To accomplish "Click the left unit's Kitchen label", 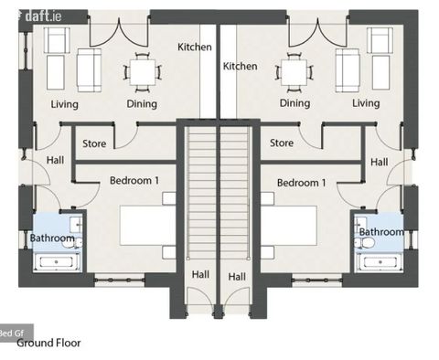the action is click(x=195, y=47).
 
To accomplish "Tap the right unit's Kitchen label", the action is click(x=240, y=66).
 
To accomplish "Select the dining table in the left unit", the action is click(x=143, y=72).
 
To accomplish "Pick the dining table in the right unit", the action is click(x=294, y=72).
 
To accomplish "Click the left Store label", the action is click(x=94, y=143).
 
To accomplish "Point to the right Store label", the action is click(x=282, y=143).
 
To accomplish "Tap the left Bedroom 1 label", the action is click(x=134, y=180).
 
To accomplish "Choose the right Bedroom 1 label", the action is click(x=302, y=183).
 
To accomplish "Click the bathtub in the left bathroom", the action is click(x=57, y=262).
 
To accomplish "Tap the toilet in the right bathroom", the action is click(x=365, y=243).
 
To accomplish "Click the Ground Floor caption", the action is click(x=48, y=343).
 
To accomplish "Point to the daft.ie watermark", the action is click(x=43, y=16).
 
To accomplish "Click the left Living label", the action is click(x=64, y=104).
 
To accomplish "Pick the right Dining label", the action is click(x=294, y=103).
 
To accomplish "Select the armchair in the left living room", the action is click(x=57, y=40).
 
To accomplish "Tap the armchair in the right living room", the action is click(x=380, y=40).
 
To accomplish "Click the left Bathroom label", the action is click(x=52, y=238).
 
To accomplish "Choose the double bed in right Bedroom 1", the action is click(x=289, y=226).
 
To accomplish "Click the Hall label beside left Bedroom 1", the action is click(x=55, y=160).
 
